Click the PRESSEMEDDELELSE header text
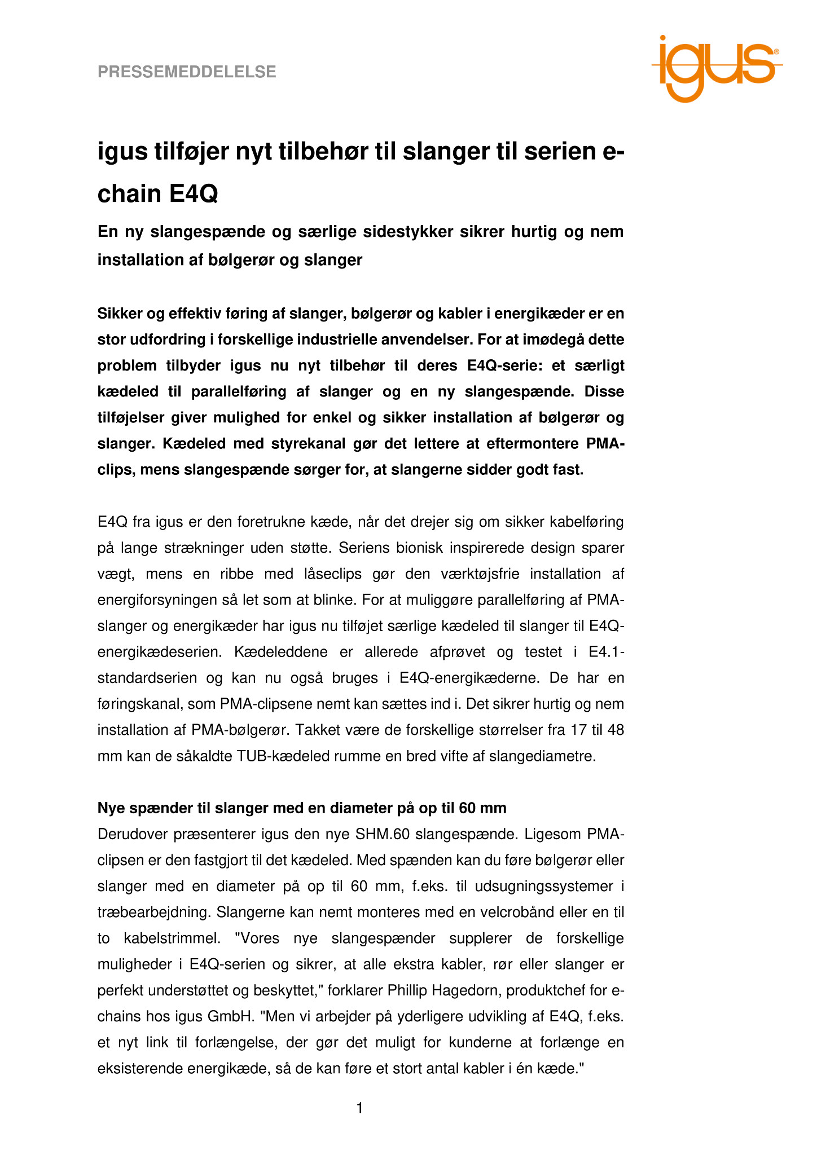click(x=187, y=72)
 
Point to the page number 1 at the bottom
click(x=359, y=1108)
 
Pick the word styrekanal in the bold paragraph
click(x=261, y=444)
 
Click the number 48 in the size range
click(x=616, y=730)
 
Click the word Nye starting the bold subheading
click(x=112, y=808)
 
